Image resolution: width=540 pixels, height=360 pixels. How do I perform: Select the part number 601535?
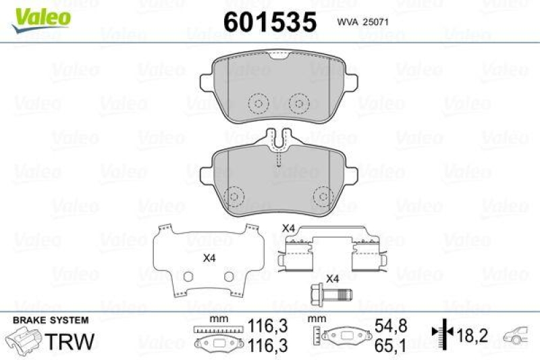pos(269,22)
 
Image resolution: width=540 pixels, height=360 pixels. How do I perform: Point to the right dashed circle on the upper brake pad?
pos(297,103)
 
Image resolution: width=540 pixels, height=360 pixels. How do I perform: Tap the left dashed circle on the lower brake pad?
pos(234,196)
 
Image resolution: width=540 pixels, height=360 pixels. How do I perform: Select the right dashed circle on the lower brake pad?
pos(324,196)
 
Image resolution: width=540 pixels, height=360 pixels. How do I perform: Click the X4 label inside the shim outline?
pos(209,257)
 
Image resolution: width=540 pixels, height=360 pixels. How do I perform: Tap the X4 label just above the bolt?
pos(331,278)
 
